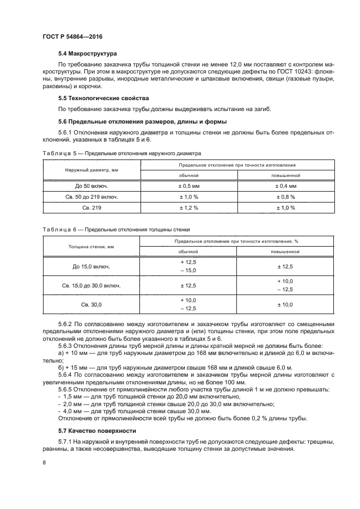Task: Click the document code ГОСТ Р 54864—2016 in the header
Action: (72, 36)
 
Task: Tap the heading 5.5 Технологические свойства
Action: (95, 99)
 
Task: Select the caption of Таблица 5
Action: (121, 154)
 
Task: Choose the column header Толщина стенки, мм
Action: (91, 247)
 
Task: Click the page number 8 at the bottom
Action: (44, 463)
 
